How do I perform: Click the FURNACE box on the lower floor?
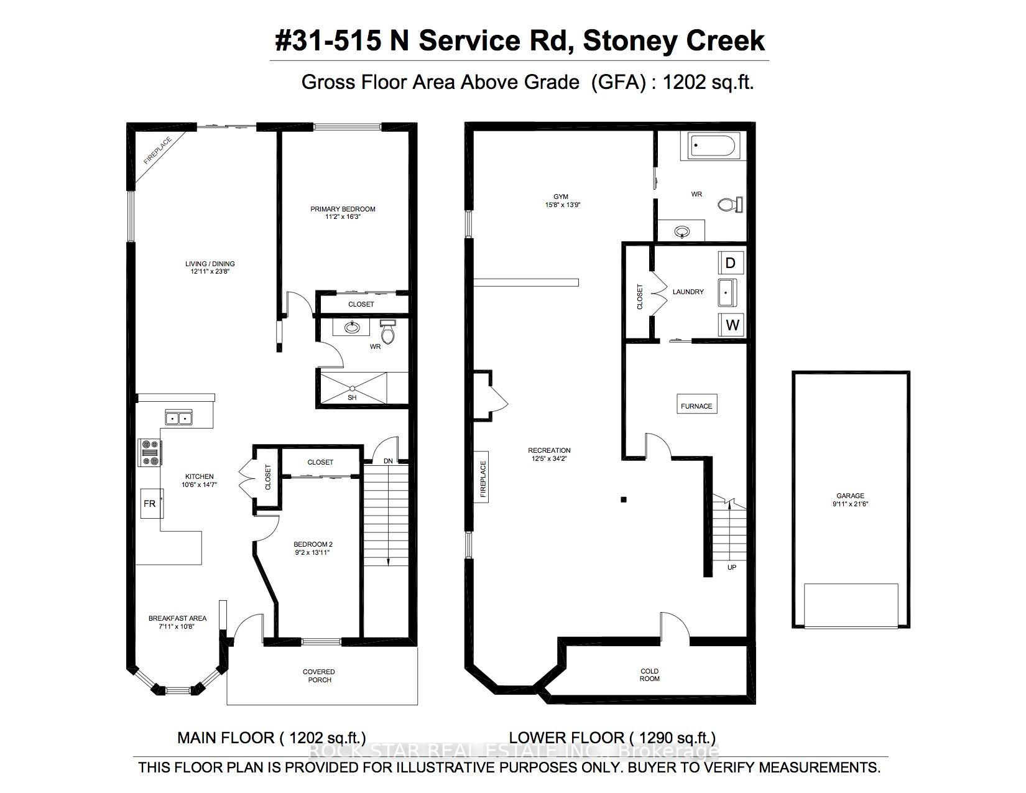point(696,406)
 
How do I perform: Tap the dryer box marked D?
point(731,263)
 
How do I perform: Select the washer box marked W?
point(733,325)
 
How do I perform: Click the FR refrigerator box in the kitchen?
point(150,503)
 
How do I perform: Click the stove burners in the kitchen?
point(150,453)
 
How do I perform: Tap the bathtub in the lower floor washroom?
point(713,146)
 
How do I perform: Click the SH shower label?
point(353,397)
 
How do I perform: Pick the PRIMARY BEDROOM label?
point(343,209)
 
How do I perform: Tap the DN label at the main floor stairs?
point(388,461)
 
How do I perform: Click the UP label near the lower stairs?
point(732,567)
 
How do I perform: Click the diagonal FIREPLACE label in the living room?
point(158,151)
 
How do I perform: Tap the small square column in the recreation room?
point(624,499)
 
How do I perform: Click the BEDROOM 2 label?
point(311,544)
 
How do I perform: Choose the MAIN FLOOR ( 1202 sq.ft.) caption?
point(271,738)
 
